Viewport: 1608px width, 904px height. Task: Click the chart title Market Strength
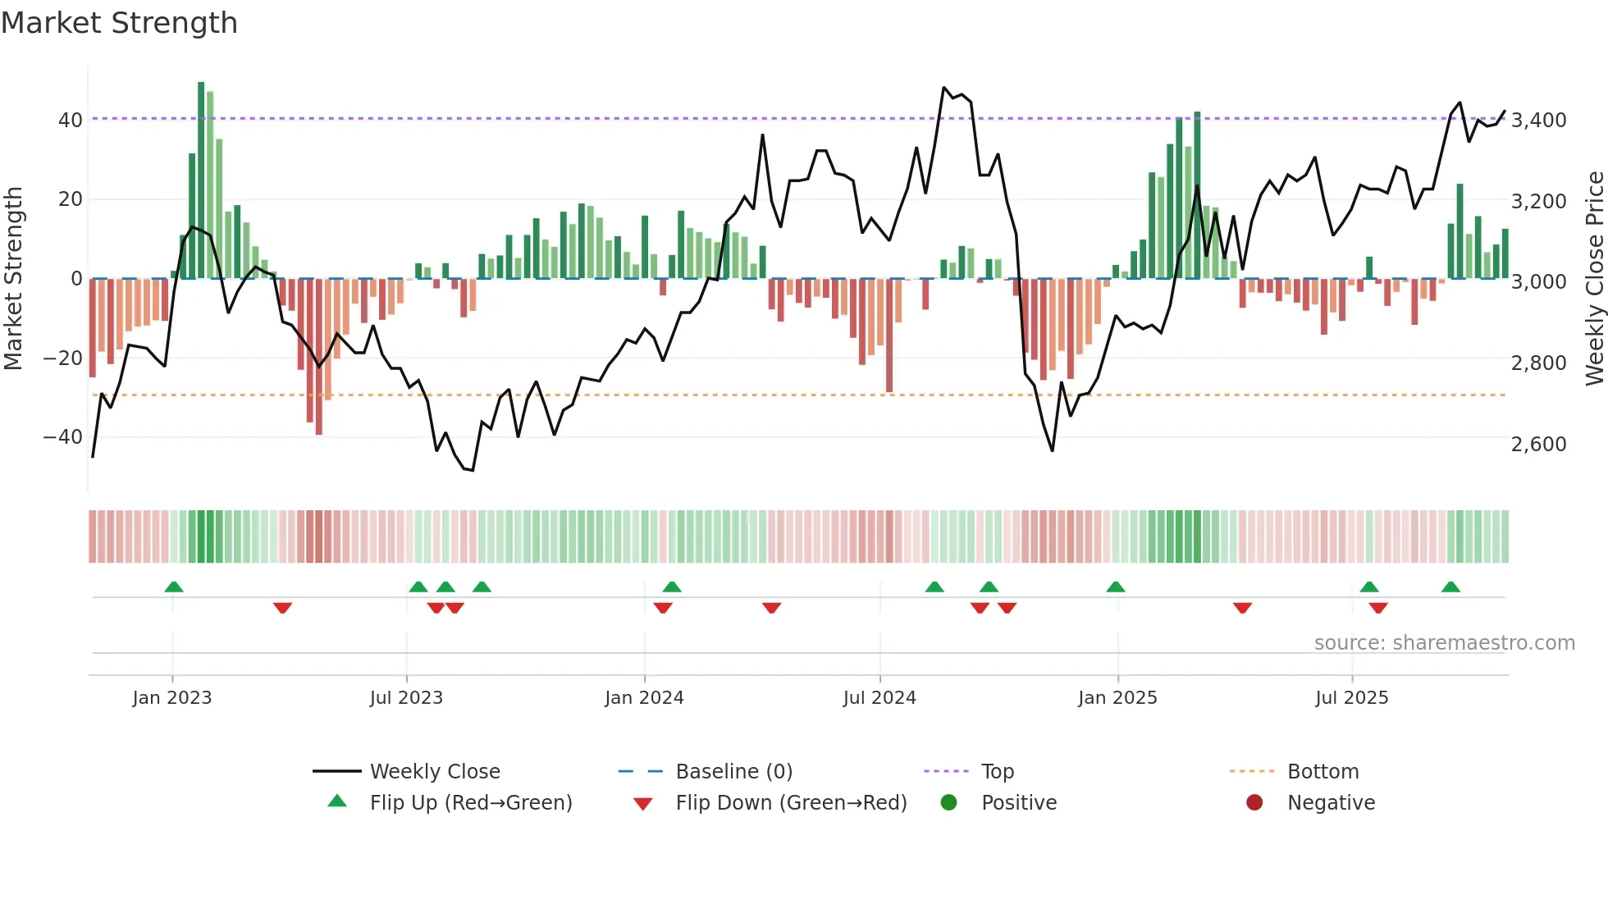[x=120, y=23]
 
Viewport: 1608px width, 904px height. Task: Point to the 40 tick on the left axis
[x=70, y=121]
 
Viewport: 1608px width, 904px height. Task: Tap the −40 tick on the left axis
[x=63, y=437]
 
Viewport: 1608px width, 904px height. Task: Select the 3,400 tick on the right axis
[x=1538, y=121]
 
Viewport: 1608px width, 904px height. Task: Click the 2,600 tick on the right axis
[x=1538, y=445]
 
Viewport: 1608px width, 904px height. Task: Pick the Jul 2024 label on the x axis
[x=879, y=698]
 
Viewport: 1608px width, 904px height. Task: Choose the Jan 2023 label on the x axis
[x=171, y=698]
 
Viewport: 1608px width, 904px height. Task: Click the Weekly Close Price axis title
[x=1593, y=279]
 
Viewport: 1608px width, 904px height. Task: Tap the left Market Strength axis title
[x=13, y=279]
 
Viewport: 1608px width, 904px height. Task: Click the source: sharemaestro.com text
[x=1444, y=643]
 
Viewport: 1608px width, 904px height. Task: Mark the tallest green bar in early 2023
[x=201, y=180]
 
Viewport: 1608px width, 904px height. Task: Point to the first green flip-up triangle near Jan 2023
[x=174, y=587]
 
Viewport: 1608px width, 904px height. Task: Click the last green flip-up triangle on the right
[x=1450, y=587]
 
